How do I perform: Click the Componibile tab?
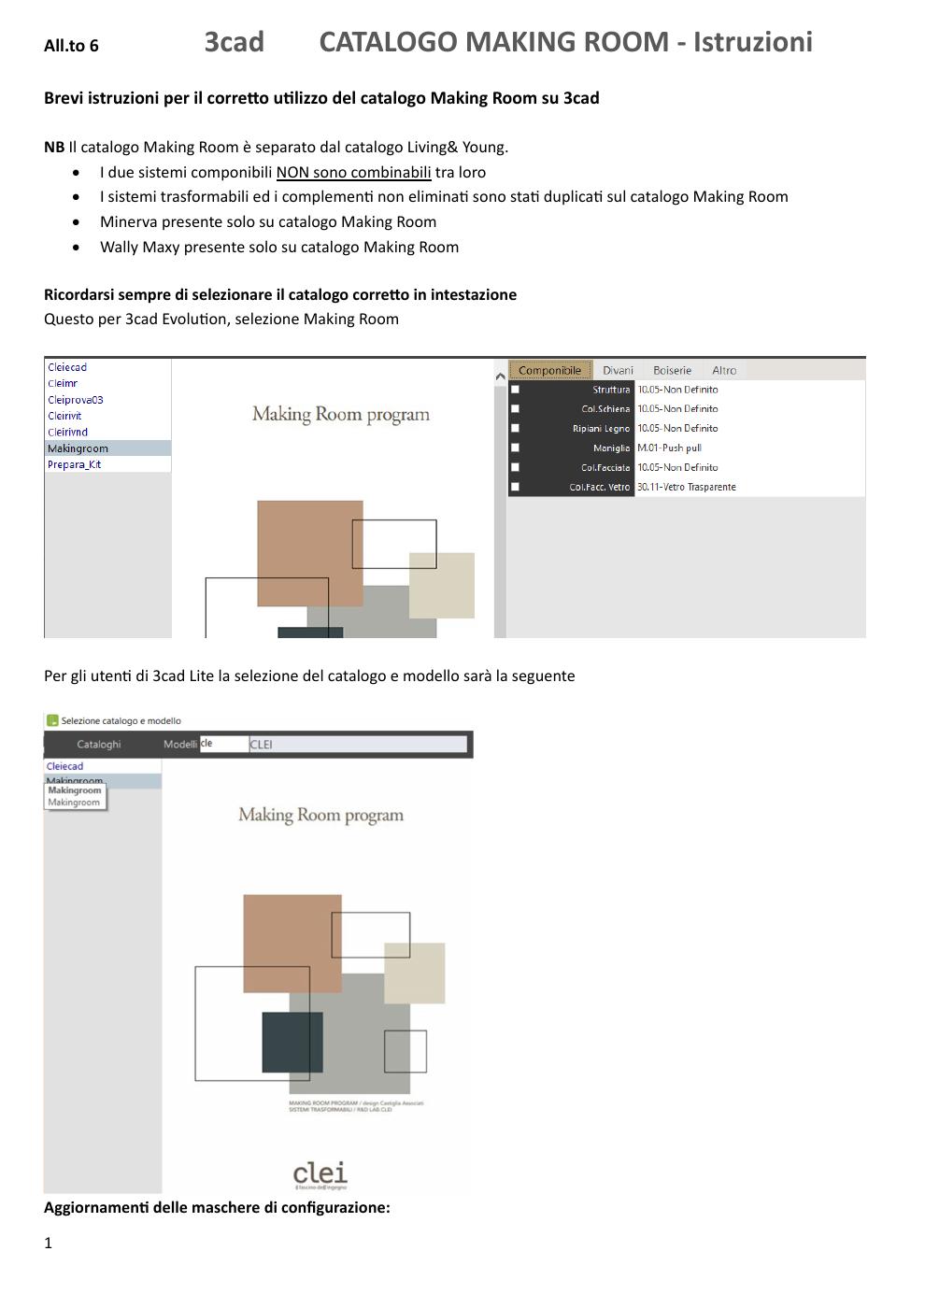coord(549,371)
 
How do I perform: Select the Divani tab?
coord(618,371)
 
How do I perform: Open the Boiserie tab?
coord(672,371)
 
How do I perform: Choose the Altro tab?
coord(724,371)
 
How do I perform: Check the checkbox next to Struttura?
coord(515,390)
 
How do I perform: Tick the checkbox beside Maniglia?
coord(515,448)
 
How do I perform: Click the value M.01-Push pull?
coord(669,448)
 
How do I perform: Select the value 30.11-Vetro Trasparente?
coord(687,487)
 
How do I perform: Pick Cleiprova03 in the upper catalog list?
coord(76,400)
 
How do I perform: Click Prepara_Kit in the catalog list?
coord(75,464)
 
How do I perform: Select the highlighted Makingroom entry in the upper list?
coord(78,448)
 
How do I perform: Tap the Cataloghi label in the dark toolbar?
coord(99,745)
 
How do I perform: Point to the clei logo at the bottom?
coord(320,1173)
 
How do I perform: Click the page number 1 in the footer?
coord(49,1243)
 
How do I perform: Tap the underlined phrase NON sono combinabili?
coord(353,172)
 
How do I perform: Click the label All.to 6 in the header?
coord(71,46)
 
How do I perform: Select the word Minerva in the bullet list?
coord(128,221)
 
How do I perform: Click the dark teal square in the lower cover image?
coord(292,1041)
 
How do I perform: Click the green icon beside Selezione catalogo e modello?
coord(52,720)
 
